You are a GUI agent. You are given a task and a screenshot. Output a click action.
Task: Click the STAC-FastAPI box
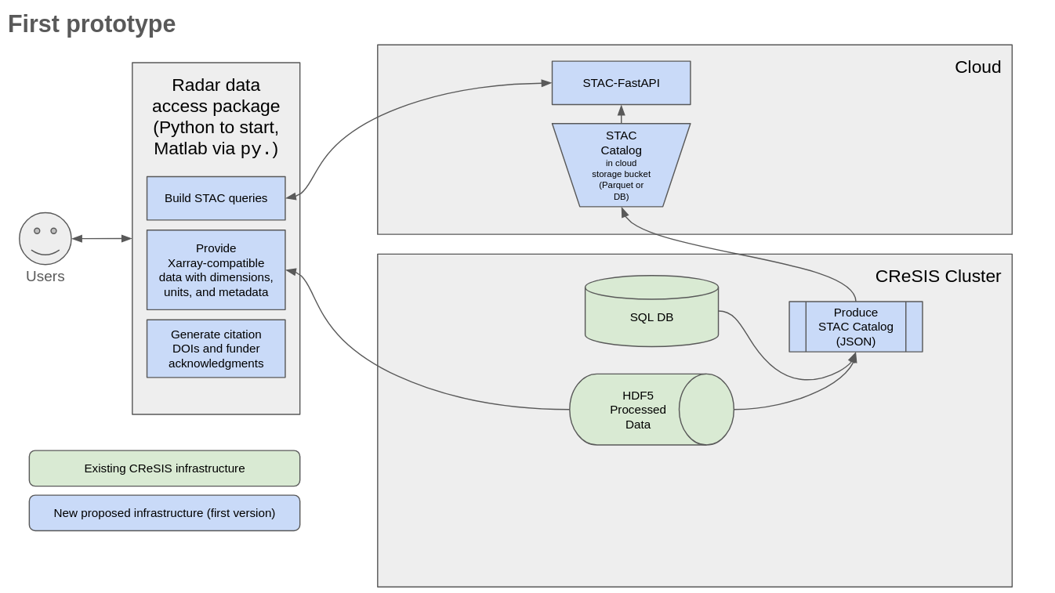[621, 83]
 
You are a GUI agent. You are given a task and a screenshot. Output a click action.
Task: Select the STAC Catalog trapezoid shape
[621, 165]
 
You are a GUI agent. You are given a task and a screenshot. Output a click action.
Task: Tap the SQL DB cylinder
[651, 317]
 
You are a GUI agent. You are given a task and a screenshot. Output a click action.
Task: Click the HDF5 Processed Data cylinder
[638, 410]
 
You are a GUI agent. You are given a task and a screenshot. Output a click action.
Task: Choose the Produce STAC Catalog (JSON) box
[855, 327]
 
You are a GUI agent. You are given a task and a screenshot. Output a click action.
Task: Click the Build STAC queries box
[216, 198]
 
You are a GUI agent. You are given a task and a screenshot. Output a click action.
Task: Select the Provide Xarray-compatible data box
[216, 269]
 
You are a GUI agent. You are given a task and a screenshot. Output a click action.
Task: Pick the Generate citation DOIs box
[216, 349]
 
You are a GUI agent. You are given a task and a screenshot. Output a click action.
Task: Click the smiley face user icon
[45, 239]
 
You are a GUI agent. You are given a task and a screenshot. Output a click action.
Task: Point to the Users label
[45, 277]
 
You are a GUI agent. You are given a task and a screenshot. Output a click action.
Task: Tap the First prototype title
[92, 24]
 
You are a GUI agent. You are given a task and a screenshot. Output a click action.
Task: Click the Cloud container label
[977, 67]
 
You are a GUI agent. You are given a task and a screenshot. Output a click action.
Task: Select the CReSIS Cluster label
[937, 277]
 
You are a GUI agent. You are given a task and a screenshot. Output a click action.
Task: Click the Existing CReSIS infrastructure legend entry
[165, 468]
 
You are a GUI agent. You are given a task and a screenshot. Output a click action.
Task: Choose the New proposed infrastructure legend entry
[165, 513]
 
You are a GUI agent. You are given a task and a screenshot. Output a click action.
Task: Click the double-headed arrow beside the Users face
[102, 238]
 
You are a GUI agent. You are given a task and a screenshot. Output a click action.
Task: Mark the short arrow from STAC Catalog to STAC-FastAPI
[621, 114]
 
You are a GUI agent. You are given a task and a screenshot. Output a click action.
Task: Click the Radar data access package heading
[216, 117]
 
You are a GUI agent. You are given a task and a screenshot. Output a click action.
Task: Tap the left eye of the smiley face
[37, 231]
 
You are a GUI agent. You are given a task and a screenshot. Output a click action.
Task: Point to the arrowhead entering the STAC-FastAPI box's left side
[546, 82]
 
